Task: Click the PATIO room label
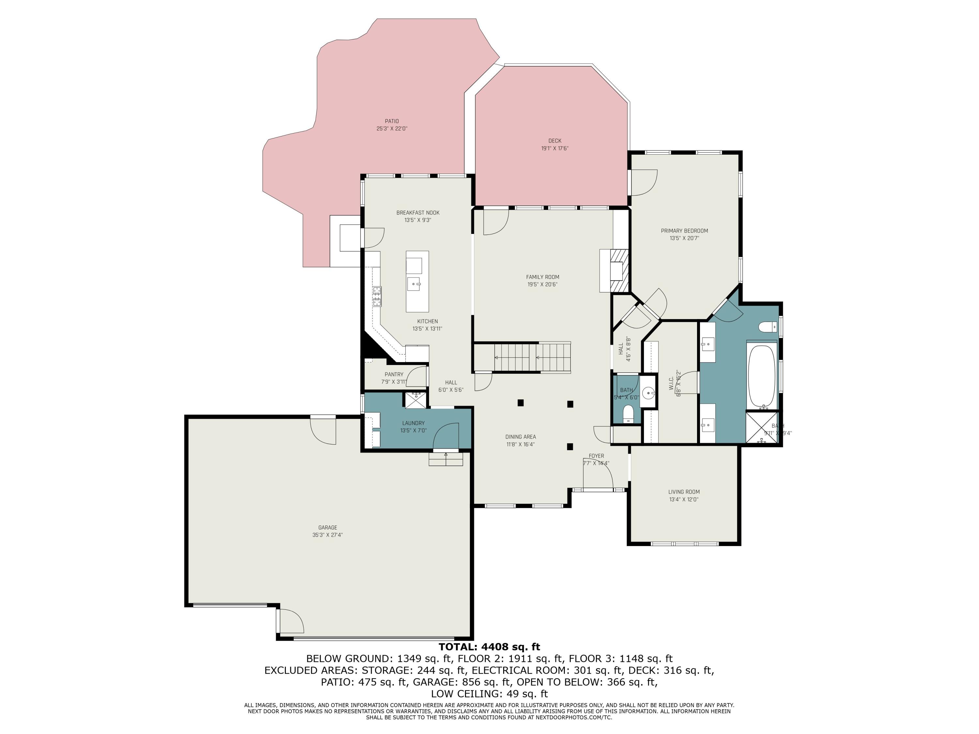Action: coord(391,121)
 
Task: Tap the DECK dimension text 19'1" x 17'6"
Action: coord(554,149)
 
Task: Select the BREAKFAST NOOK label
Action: coord(418,213)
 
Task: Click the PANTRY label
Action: coord(394,374)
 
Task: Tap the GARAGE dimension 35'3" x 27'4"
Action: coord(328,535)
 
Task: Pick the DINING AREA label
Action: coord(521,437)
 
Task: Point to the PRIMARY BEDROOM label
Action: coord(684,231)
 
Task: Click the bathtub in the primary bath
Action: coord(761,376)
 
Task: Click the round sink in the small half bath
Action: coord(648,392)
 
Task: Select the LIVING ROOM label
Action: coord(684,492)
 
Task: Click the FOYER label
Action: coord(596,456)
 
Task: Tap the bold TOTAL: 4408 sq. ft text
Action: coord(489,647)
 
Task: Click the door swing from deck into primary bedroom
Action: coord(644,182)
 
